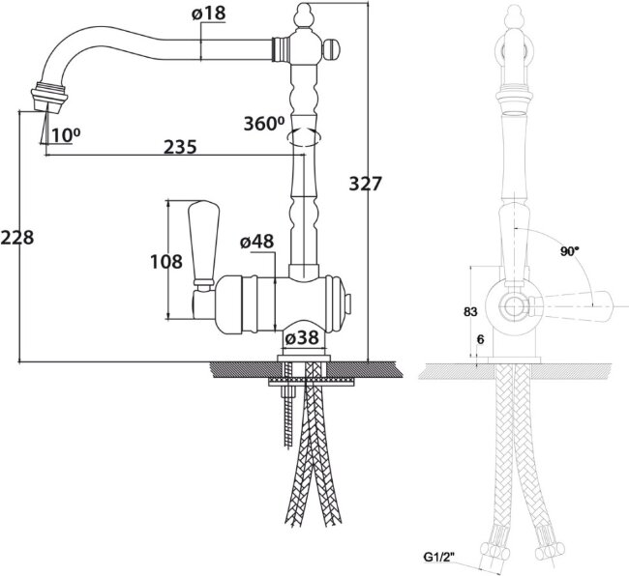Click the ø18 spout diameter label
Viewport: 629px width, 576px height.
(x=209, y=14)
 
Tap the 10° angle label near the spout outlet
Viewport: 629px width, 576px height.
(x=65, y=135)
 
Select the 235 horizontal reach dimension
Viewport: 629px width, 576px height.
(x=181, y=147)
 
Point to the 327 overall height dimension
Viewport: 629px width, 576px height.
(x=365, y=184)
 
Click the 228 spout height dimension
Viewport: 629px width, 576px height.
(x=16, y=238)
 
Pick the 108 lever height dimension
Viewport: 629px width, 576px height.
(x=166, y=262)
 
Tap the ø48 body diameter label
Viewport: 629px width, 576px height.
(x=256, y=242)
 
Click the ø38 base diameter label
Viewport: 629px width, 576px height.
(x=302, y=337)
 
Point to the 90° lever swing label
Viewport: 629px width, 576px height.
(x=570, y=251)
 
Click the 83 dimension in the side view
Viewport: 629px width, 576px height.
(x=470, y=311)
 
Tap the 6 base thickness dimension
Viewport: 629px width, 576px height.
(x=481, y=339)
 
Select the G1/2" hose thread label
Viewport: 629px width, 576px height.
(x=439, y=557)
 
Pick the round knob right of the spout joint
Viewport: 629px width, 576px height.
(x=331, y=49)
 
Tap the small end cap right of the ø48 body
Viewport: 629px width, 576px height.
(x=348, y=304)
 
